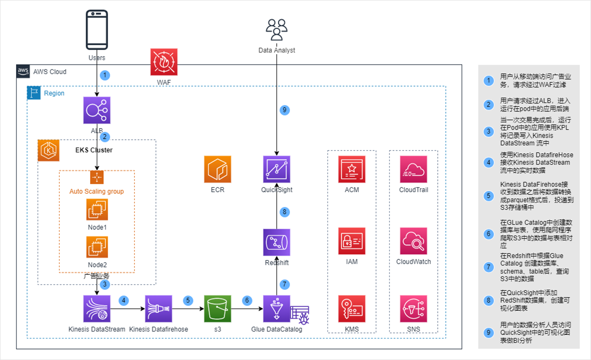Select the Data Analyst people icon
276,30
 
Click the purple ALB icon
97,110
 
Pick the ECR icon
217,169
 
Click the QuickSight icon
276,169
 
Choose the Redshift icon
276,242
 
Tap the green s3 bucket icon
217,308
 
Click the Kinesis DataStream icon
97,308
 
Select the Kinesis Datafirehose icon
159,308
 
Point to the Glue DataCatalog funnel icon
276,308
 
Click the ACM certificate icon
352,169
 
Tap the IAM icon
352,242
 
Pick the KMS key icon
352,308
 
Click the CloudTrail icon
414,169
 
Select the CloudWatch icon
414,242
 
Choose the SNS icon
414,308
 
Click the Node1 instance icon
97,209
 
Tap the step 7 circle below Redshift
284,284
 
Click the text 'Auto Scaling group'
97,191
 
